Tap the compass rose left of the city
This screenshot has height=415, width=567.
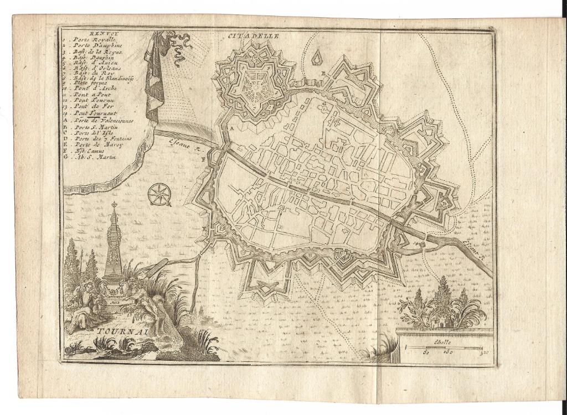pyautogui.click(x=159, y=194)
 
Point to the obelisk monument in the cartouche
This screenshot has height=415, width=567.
pyautogui.click(x=115, y=243)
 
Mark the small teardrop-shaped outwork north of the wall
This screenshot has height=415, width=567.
pyautogui.click(x=317, y=56)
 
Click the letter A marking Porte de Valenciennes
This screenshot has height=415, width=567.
pyautogui.click(x=225, y=128)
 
